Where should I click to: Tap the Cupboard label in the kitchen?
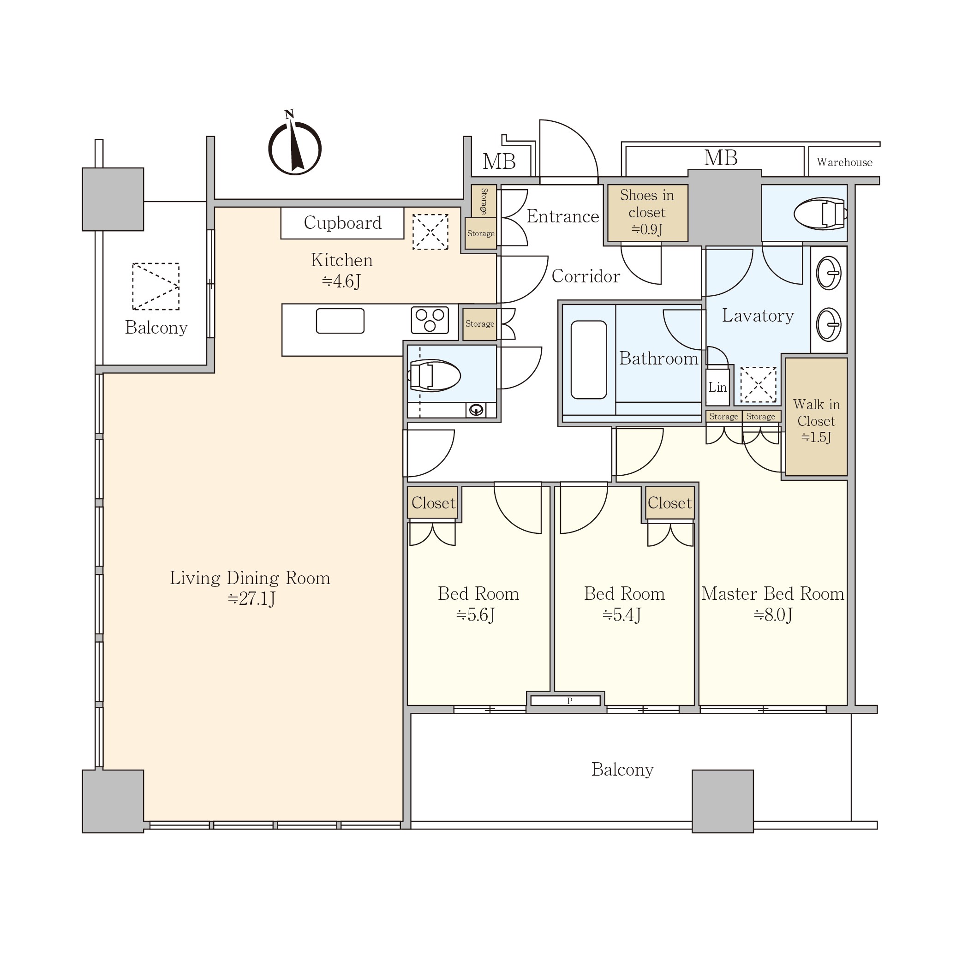[x=342, y=223]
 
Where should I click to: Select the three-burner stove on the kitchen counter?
[x=430, y=320]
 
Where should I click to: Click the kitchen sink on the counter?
[x=340, y=321]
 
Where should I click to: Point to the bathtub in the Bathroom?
[x=588, y=360]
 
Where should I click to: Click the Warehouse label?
[x=844, y=162]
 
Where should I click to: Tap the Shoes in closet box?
[x=647, y=213]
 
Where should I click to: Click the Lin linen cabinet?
[x=717, y=387]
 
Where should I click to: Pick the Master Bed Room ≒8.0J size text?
[x=773, y=615]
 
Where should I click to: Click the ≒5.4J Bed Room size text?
[x=622, y=615]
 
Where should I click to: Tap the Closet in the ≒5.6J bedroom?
[x=433, y=503]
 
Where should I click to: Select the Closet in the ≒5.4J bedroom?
[x=669, y=503]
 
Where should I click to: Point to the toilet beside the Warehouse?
[x=820, y=214]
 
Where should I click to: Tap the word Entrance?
[x=562, y=216]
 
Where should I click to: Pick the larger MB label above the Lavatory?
[x=721, y=158]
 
